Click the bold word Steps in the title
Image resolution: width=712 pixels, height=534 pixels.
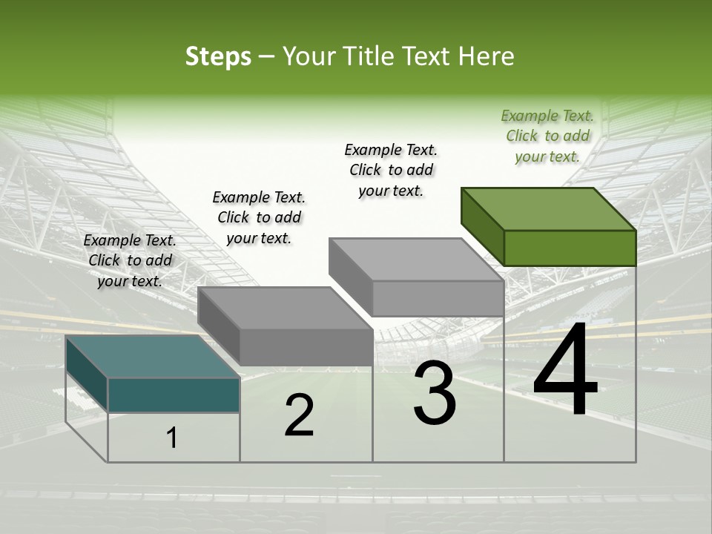tap(218, 56)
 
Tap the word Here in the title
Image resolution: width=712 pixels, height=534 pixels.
tap(486, 56)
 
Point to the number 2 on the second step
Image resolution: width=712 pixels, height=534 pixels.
tap(299, 415)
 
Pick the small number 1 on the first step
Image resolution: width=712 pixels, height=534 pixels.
tap(172, 438)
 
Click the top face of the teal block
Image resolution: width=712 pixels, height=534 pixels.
tap(152, 357)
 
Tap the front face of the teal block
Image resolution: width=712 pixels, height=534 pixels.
tap(174, 395)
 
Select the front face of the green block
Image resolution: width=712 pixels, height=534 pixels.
tap(570, 248)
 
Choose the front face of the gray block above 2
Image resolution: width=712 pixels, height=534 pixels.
tap(306, 347)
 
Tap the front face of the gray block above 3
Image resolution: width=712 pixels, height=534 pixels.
tap(438, 298)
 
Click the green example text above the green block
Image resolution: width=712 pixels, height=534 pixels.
tap(547, 136)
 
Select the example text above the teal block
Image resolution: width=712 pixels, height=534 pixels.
tap(130, 260)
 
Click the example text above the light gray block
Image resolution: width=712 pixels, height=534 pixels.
tap(391, 170)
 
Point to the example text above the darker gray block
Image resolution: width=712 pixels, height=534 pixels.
tap(259, 217)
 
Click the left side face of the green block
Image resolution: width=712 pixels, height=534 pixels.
tap(482, 226)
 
